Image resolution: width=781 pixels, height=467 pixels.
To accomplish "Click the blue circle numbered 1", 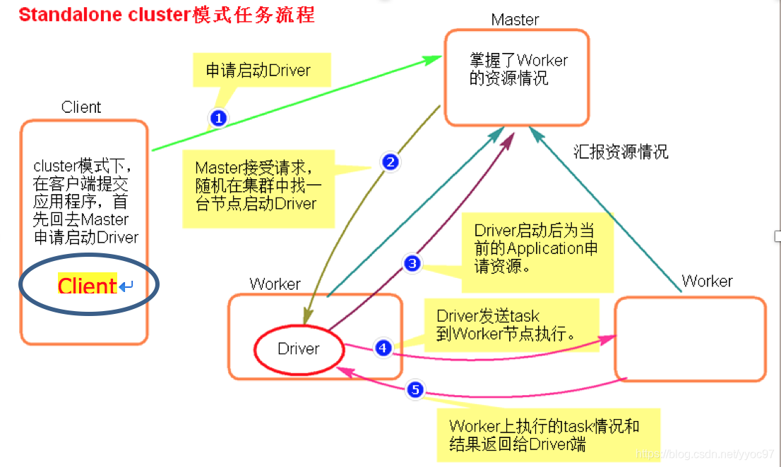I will (x=218, y=118).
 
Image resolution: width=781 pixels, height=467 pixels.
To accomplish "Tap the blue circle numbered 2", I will (x=390, y=162).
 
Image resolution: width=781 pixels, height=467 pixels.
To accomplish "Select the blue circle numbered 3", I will (x=412, y=264).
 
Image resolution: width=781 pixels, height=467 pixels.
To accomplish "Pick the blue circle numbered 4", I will (x=383, y=347).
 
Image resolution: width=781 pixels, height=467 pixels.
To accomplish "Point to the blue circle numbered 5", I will (x=415, y=389).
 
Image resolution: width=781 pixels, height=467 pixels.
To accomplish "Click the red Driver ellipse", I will (x=299, y=348).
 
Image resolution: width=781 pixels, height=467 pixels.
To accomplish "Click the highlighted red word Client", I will (x=87, y=286).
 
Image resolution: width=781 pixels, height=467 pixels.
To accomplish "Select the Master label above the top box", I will (x=515, y=20).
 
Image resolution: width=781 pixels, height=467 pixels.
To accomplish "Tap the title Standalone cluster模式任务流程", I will (x=167, y=15).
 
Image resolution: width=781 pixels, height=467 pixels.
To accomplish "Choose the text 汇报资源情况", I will (x=621, y=152).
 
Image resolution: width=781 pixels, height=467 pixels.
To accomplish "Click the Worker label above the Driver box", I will (x=275, y=284).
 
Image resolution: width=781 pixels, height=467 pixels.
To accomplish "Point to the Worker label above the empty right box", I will (x=707, y=281).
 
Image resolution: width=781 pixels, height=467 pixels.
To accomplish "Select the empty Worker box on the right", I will (x=690, y=339).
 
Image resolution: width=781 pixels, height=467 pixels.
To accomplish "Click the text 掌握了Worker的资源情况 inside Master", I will (x=518, y=69).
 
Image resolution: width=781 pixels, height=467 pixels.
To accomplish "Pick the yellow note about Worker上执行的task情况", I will (x=544, y=435).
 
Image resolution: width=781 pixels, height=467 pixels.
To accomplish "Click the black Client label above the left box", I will (x=81, y=107).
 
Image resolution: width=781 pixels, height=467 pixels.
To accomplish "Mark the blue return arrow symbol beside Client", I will (x=126, y=286).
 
